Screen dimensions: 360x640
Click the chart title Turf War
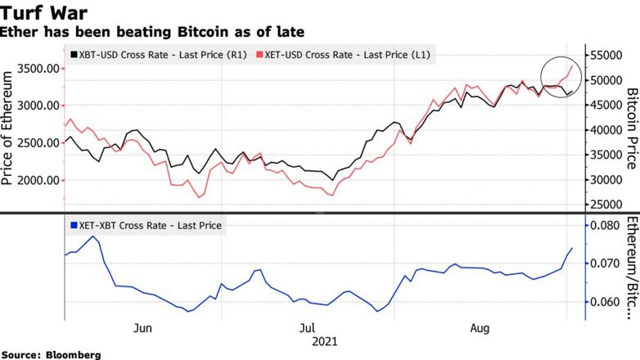(45, 13)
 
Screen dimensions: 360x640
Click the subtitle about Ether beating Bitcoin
(152, 32)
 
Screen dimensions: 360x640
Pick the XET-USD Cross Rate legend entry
(345, 55)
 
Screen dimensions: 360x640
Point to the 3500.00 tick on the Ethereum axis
(35, 69)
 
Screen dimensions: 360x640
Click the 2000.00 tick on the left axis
(35, 180)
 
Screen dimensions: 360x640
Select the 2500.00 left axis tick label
(35, 143)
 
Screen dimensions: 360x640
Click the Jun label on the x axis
(142, 328)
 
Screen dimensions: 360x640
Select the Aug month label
(480, 328)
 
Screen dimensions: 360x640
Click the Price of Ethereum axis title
(9, 128)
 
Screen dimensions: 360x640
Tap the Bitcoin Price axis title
(631, 128)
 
